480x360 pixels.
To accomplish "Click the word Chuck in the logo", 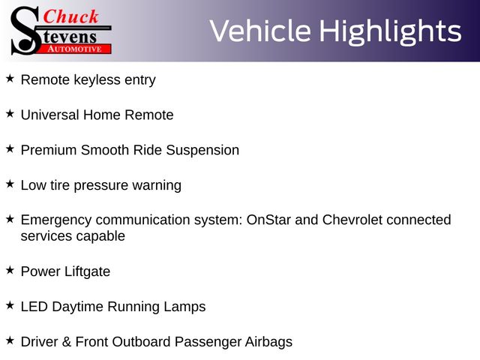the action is pyautogui.click(x=70, y=16).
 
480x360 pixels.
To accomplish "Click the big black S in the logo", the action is pyautogui.click(x=25, y=31).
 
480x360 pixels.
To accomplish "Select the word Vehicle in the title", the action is pyautogui.click(x=260, y=31).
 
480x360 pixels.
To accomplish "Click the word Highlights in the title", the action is pyautogui.click(x=390, y=31).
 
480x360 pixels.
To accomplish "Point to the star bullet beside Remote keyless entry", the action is pyautogui.click(x=10, y=78).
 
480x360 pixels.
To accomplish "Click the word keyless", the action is pyautogui.click(x=97, y=80).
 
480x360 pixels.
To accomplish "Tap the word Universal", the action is pyautogui.click(x=50, y=115).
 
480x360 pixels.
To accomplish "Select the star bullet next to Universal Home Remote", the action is pyautogui.click(x=10, y=113).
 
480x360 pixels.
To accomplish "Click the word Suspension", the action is pyautogui.click(x=202, y=151).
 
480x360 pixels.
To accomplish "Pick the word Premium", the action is pyautogui.click(x=49, y=150).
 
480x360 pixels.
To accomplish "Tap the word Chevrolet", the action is pyautogui.click(x=352, y=220).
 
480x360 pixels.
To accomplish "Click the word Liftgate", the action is pyautogui.click(x=87, y=271).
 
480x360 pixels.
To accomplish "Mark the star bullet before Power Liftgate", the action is pyautogui.click(x=10, y=270).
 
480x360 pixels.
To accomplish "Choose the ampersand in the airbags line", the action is pyautogui.click(x=67, y=342).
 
